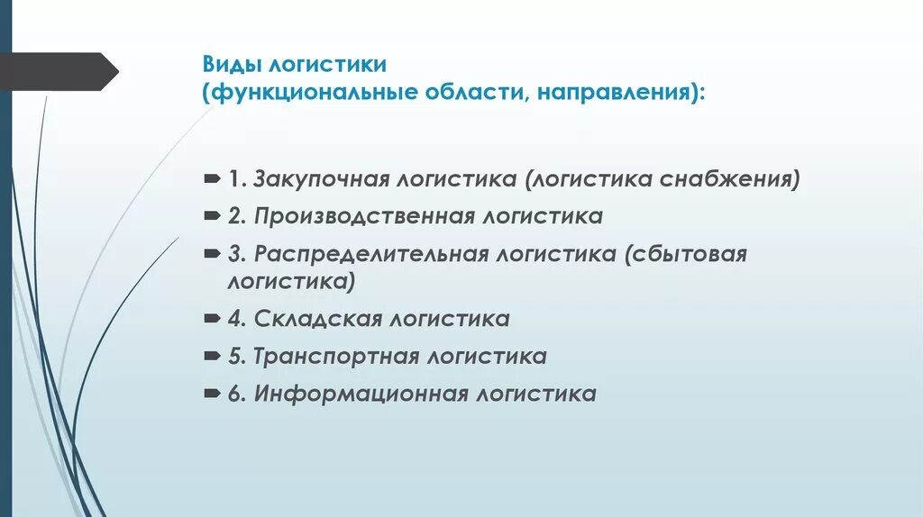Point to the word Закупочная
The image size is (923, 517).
pyautogui.click(x=319, y=178)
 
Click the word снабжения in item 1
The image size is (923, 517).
pyautogui.click(x=729, y=178)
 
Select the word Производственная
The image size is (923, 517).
pyautogui.click(x=364, y=216)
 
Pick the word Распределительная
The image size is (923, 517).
pyautogui.click(x=373, y=254)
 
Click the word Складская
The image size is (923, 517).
pyautogui.click(x=307, y=319)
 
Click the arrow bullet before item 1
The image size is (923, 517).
pyautogui.click(x=211, y=178)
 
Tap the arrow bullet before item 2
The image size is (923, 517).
pyautogui.click(x=211, y=216)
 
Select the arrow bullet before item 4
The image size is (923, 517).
pyautogui.click(x=211, y=319)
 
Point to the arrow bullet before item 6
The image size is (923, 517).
pyautogui.click(x=211, y=395)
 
